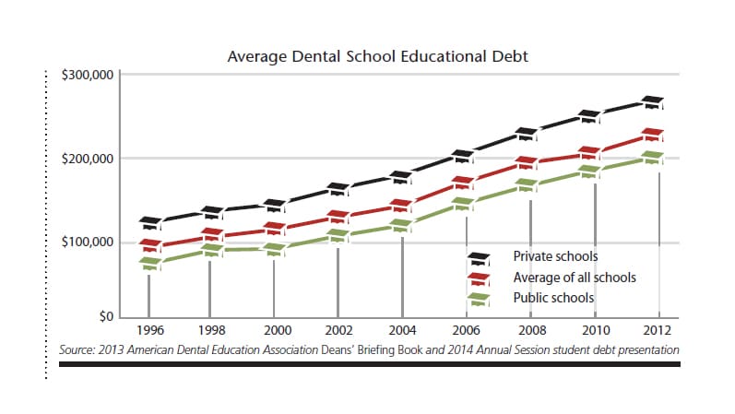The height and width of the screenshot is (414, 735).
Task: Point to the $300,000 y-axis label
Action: pyautogui.click(x=87, y=75)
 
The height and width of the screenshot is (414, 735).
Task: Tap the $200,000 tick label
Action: pyautogui.click(x=87, y=159)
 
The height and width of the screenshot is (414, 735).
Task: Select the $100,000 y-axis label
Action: pyautogui.click(x=87, y=242)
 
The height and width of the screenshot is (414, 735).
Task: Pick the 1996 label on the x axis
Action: pyautogui.click(x=150, y=329)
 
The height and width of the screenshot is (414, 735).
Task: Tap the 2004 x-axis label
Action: pyautogui.click(x=401, y=329)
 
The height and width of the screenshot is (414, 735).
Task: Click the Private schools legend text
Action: pyautogui.click(x=555, y=256)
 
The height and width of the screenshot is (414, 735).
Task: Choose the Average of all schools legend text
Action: pyautogui.click(x=574, y=278)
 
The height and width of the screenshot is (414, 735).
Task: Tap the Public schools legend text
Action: pyautogui.click(x=553, y=298)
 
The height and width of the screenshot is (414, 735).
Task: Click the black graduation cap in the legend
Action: pyautogui.click(x=479, y=258)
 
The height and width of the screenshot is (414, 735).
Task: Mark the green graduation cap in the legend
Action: pyautogui.click(x=479, y=299)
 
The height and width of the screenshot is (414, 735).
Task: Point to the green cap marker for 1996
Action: pyautogui.click(x=150, y=264)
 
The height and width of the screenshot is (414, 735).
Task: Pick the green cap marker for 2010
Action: pyautogui.click(x=589, y=172)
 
